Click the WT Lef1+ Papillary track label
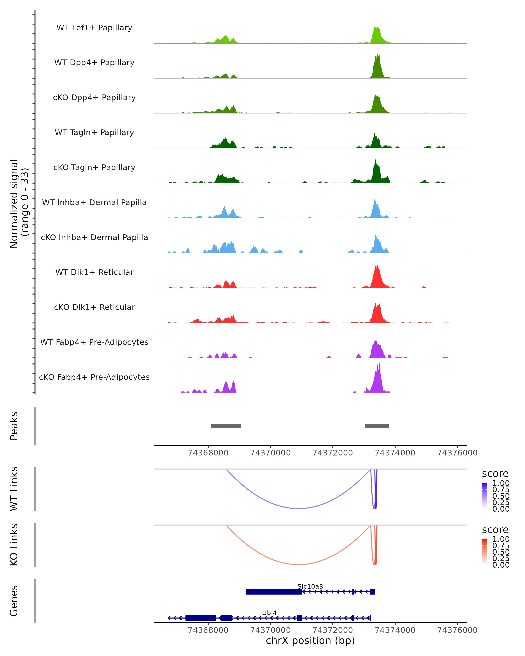click(94, 28)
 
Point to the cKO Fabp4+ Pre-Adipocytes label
click(94, 377)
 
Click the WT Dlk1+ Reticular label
click(94, 272)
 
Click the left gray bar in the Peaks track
click(226, 426)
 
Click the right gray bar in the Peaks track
click(377, 426)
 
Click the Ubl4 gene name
click(269, 613)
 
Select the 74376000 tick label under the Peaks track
click(457, 453)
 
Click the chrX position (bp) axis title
click(310, 640)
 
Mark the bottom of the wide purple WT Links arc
click(299, 508)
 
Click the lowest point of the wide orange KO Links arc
click(299, 564)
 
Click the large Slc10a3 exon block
click(274, 591)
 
